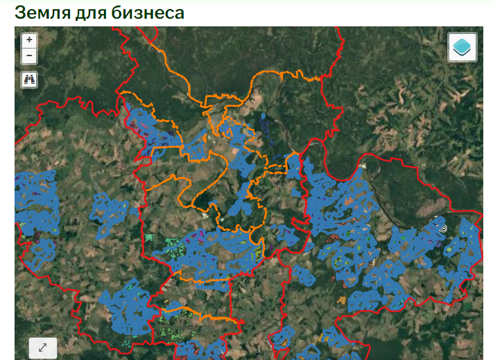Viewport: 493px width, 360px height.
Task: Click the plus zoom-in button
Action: (29, 40)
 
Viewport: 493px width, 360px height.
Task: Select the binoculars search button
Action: (29, 79)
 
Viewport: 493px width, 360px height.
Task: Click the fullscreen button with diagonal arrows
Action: (42, 348)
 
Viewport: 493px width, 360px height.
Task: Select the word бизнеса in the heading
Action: (148, 12)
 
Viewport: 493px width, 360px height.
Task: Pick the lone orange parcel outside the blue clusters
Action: (340, 300)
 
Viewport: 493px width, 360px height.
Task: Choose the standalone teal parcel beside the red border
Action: (148, 238)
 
